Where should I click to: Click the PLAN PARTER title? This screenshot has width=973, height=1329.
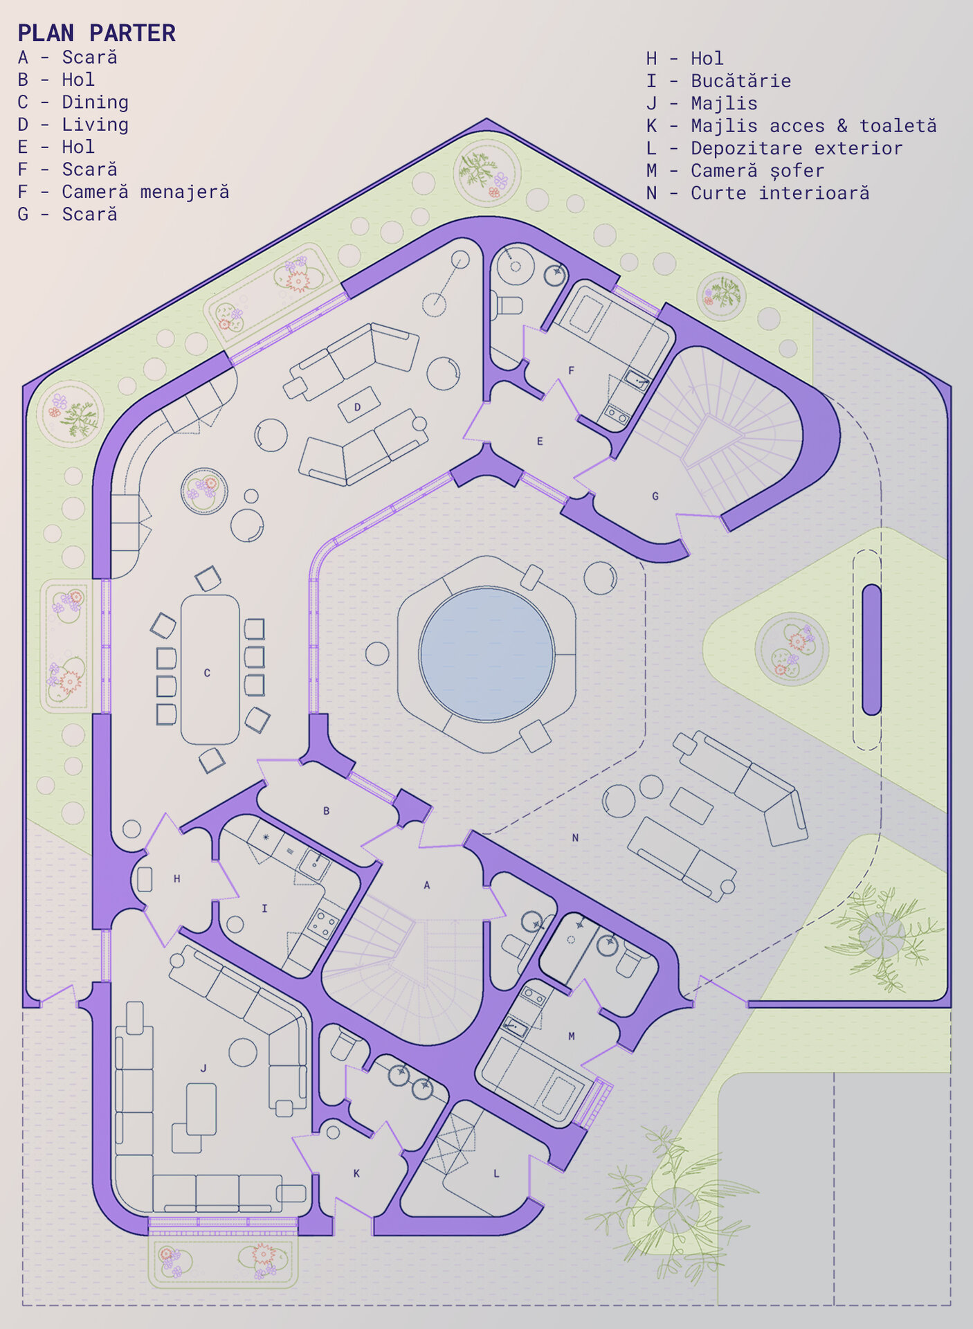point(96,33)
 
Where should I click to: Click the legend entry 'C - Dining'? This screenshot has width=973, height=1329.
point(73,102)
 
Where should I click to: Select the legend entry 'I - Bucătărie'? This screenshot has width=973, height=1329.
point(718,81)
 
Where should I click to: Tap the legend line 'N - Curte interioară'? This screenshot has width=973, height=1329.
point(758,193)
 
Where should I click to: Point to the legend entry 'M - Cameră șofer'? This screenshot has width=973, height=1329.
point(735,171)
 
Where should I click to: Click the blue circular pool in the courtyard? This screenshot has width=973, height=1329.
point(486,654)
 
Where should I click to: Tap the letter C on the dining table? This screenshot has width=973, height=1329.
point(207,673)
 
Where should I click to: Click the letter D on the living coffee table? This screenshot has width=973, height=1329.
point(357,407)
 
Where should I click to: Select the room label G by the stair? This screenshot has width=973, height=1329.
point(655,496)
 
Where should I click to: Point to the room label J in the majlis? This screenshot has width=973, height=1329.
point(203,1068)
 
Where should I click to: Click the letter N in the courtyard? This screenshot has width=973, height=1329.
point(575,838)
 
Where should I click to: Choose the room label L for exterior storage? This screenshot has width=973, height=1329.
point(496,1173)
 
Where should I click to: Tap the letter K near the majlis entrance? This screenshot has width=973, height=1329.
point(356,1173)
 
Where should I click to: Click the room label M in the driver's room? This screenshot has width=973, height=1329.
point(572,1036)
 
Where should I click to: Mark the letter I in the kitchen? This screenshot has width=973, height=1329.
point(264,908)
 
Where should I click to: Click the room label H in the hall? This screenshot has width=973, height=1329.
point(177,878)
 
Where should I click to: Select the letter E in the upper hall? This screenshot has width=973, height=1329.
point(540,441)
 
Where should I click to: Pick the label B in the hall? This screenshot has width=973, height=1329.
point(327,811)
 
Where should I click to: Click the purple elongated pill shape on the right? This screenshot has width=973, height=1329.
point(871,649)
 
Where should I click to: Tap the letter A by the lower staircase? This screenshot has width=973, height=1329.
point(427,885)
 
